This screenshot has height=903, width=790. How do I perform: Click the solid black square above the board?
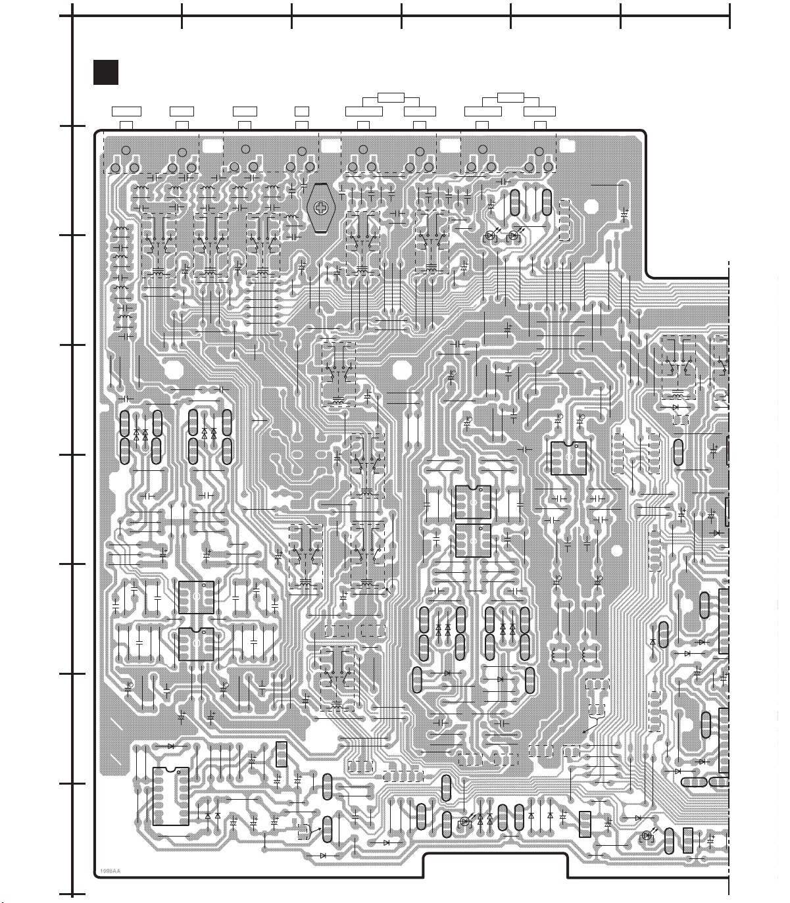pyautogui.click(x=105, y=72)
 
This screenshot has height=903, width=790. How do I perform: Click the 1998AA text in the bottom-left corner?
pyautogui.click(x=110, y=871)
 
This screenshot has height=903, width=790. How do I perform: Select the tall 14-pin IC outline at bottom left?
pyautogui.click(x=170, y=796)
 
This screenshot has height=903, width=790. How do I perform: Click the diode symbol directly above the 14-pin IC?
pyautogui.click(x=170, y=746)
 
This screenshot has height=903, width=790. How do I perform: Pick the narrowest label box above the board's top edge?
pyautogui.click(x=302, y=111)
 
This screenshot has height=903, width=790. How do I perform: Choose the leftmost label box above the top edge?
pyautogui.click(x=126, y=111)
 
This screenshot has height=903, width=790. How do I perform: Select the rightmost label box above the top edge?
pyautogui.click(x=539, y=111)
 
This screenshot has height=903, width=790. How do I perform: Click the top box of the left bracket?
pyautogui.click(x=391, y=98)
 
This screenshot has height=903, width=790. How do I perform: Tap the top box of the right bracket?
pyautogui.click(x=510, y=98)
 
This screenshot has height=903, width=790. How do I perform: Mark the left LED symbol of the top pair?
pyautogui.click(x=491, y=235)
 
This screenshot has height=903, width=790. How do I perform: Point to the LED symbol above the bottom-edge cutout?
pyautogui.click(x=466, y=821)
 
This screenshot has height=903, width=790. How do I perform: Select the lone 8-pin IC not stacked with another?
pyautogui.click(x=568, y=458)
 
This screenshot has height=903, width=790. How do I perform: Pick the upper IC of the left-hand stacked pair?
pyautogui.click(x=196, y=597)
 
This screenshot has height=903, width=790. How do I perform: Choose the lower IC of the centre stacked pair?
pyautogui.click(x=473, y=540)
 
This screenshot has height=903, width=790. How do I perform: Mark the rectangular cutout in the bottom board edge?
pyautogui.click(x=495, y=865)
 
